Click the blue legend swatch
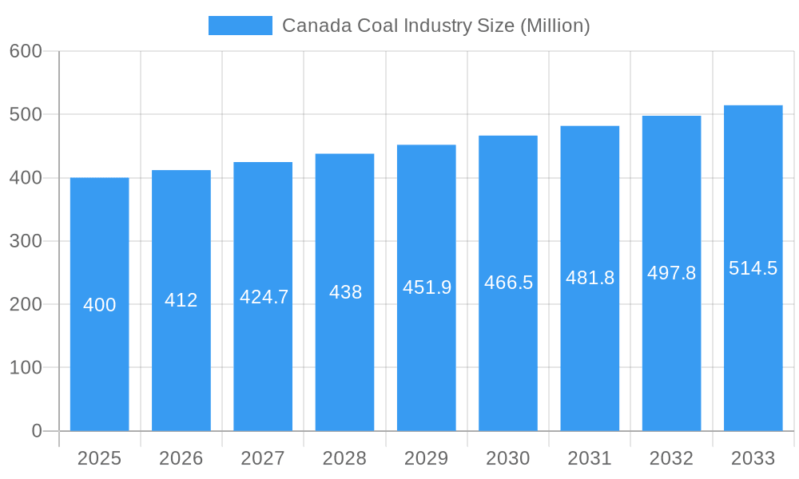(x=240, y=26)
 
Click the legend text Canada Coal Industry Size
(x=435, y=26)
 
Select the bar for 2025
(x=100, y=359)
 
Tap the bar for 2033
(x=753, y=351)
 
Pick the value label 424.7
(x=264, y=297)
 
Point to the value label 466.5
(x=508, y=283)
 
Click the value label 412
(x=181, y=300)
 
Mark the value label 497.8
(x=671, y=273)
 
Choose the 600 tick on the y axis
(x=26, y=51)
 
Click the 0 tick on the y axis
(x=37, y=431)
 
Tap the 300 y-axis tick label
(x=26, y=241)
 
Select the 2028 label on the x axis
(x=344, y=458)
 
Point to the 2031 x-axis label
(x=590, y=458)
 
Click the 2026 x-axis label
(x=181, y=458)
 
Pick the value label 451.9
(x=427, y=287)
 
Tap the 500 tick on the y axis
(x=26, y=114)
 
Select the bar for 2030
(x=508, y=359)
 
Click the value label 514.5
(x=753, y=268)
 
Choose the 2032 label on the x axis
(x=671, y=458)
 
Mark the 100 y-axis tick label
(x=26, y=368)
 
